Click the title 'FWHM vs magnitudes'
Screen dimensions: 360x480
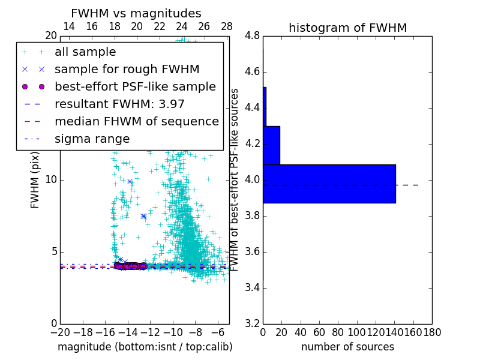[136, 14]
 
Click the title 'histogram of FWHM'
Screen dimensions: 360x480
[347, 28]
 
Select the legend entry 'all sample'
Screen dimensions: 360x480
[85, 52]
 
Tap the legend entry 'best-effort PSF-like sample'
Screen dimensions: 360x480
[135, 86]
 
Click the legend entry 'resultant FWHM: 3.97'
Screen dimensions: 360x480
[119, 104]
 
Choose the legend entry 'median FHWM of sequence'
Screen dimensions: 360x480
[136, 121]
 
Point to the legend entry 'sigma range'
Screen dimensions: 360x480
[92, 139]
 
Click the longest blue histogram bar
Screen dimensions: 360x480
[329, 184]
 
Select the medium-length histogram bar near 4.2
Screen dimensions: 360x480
[271, 145]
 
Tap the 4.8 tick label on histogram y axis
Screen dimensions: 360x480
[253, 36]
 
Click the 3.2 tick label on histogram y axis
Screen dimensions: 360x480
[253, 323]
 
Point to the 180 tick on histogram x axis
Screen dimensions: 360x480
[432, 332]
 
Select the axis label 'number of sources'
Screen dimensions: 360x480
[347, 347]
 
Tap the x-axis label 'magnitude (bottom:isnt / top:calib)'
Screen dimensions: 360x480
[145, 347]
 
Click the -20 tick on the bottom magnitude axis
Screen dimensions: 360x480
[60, 332]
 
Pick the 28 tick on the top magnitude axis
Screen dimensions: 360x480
[227, 26]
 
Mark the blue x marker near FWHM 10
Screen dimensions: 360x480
[130, 181]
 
